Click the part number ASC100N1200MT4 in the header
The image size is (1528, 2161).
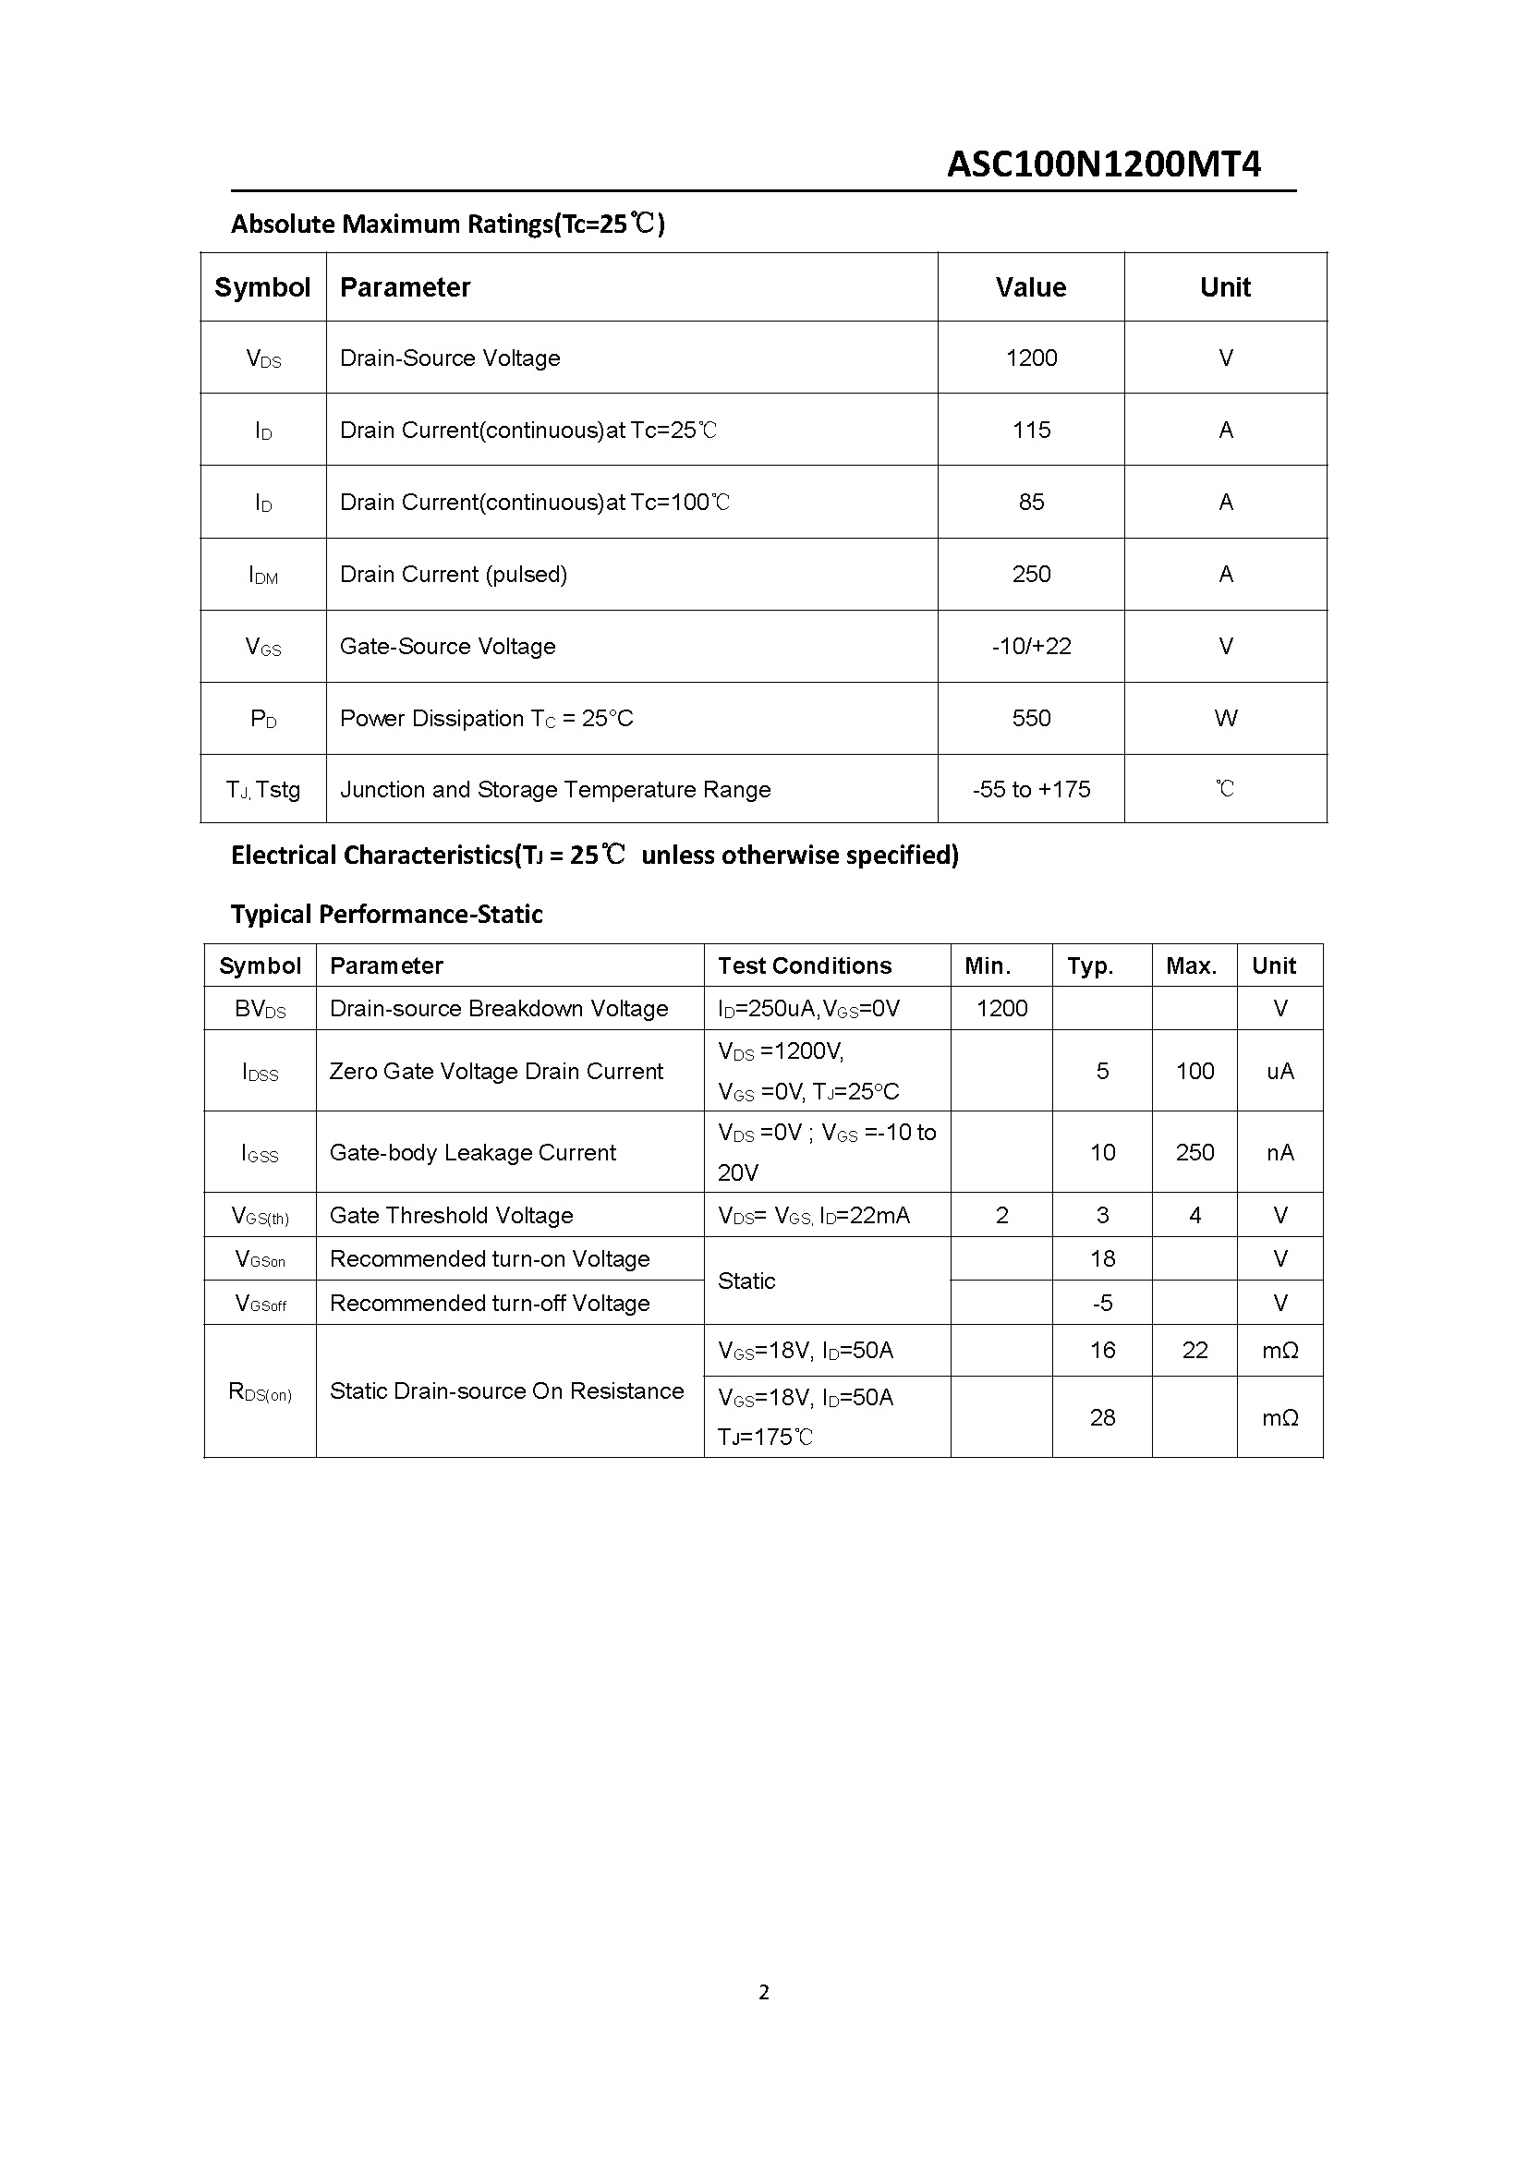(1103, 164)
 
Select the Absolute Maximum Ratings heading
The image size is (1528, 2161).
(448, 224)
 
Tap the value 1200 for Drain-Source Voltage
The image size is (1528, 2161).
(1031, 358)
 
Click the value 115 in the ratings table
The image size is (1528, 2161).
(1031, 431)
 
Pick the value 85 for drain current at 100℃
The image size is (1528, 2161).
(1031, 502)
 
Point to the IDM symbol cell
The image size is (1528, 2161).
(263, 574)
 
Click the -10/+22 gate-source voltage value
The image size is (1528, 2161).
(1031, 647)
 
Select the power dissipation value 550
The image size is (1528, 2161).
(1031, 718)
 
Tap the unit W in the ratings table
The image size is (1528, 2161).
(1225, 718)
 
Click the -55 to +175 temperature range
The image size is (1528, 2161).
(1031, 790)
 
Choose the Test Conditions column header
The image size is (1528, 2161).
(805, 965)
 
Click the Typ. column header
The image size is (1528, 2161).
(1089, 965)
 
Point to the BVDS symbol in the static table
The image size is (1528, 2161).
(260, 1009)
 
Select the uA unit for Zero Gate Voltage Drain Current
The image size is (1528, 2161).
(1279, 1071)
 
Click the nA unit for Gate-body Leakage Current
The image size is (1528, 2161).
(1279, 1152)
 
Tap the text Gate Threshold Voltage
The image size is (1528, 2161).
(452, 1215)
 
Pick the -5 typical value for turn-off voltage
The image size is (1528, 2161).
(1102, 1303)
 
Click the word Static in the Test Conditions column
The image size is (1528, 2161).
(746, 1281)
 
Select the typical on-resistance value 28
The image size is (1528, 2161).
(1102, 1417)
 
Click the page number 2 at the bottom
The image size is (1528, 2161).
(763, 1992)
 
